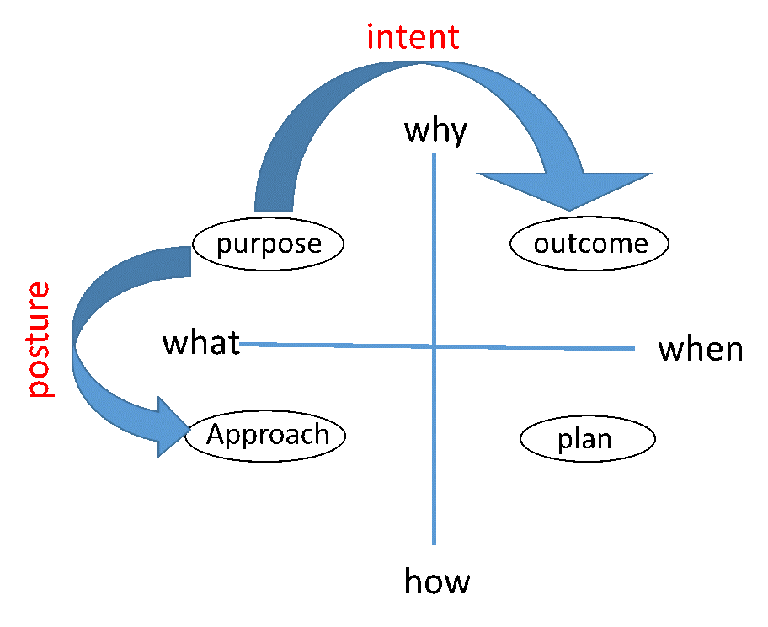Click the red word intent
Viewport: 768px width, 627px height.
(413, 37)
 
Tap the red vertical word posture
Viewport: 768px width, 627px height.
(40, 340)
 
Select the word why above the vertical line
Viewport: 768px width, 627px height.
(435, 131)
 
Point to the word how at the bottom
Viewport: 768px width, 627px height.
(437, 581)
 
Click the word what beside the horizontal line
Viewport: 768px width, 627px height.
(201, 342)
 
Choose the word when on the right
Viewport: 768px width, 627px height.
(701, 349)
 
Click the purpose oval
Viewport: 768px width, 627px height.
(269, 244)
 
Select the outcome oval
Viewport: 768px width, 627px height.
(589, 244)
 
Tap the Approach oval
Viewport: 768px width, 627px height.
(265, 436)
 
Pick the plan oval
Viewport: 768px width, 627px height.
(587, 439)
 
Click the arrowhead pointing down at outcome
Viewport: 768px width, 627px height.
(566, 190)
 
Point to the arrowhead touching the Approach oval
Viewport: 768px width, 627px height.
(173, 427)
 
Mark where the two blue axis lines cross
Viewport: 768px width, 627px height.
(434, 346)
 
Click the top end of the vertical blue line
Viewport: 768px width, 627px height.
(434, 154)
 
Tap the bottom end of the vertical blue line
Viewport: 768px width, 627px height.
(434, 544)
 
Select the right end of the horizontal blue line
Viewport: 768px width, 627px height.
(634, 349)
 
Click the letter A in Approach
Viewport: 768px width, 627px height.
(216, 434)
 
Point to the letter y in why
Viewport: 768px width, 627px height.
(458, 134)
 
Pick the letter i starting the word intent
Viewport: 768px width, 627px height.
(371, 37)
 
